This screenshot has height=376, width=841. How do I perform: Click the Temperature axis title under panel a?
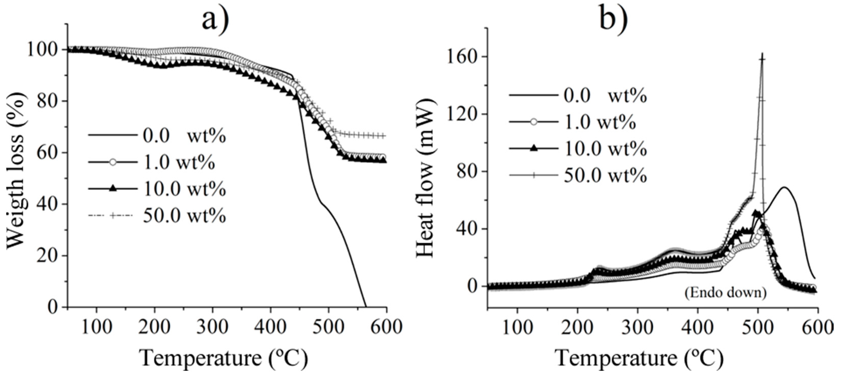(x=224, y=358)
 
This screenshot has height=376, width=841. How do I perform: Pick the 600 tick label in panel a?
(x=386, y=327)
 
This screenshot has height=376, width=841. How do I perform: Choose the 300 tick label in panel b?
(x=637, y=327)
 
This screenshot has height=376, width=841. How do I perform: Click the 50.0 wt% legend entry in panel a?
(x=184, y=216)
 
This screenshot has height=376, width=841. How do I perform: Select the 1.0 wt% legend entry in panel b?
(x=600, y=122)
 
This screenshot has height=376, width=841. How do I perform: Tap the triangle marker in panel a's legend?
(x=112, y=189)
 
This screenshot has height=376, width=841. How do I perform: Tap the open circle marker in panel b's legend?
(x=533, y=122)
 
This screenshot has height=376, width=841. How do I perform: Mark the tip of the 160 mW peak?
(x=759, y=54)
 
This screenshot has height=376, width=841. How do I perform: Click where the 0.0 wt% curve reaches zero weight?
(x=366, y=306)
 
